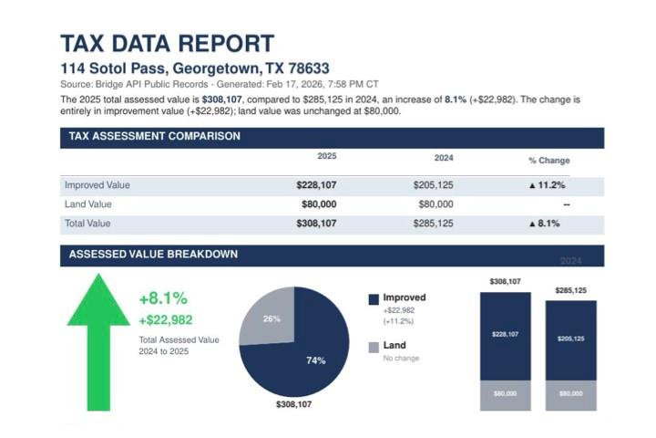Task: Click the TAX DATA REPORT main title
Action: coord(167,43)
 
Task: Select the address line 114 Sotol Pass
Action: coord(194,68)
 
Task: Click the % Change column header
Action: coord(548,160)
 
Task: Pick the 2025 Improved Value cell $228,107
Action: coord(316,185)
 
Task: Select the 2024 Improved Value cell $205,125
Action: coord(433,185)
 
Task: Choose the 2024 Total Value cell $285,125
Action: coord(433,224)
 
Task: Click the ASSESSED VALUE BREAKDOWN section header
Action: coord(154,255)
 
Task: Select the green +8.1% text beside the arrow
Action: coord(163,298)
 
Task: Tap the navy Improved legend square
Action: coord(374,298)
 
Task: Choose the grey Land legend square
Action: coord(374,347)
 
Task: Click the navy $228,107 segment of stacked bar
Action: coord(505,335)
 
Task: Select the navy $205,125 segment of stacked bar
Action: coord(570,339)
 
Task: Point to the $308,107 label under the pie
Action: coord(292,403)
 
